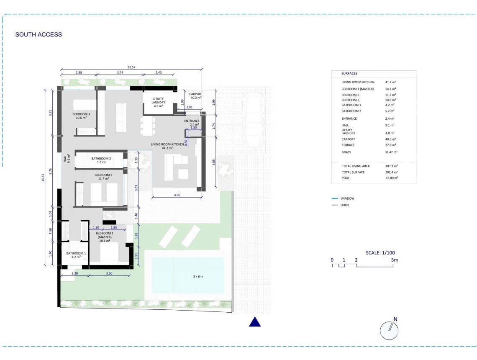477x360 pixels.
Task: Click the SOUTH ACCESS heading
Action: [x=38, y=35]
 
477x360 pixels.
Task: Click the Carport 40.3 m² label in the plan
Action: [x=196, y=96]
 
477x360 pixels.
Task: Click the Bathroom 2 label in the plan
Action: [x=101, y=161]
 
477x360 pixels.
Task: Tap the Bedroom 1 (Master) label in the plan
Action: [x=104, y=237]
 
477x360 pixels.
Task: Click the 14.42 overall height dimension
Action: [x=43, y=177]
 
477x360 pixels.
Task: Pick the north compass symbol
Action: [x=389, y=330]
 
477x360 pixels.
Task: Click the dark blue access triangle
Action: [x=255, y=322]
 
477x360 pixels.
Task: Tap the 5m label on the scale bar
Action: [x=395, y=260]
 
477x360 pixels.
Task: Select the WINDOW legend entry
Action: [x=347, y=198]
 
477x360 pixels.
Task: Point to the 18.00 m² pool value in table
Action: [x=391, y=178]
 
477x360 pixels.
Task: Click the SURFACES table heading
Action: [x=349, y=73]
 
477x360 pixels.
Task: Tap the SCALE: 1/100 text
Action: [x=380, y=252]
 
